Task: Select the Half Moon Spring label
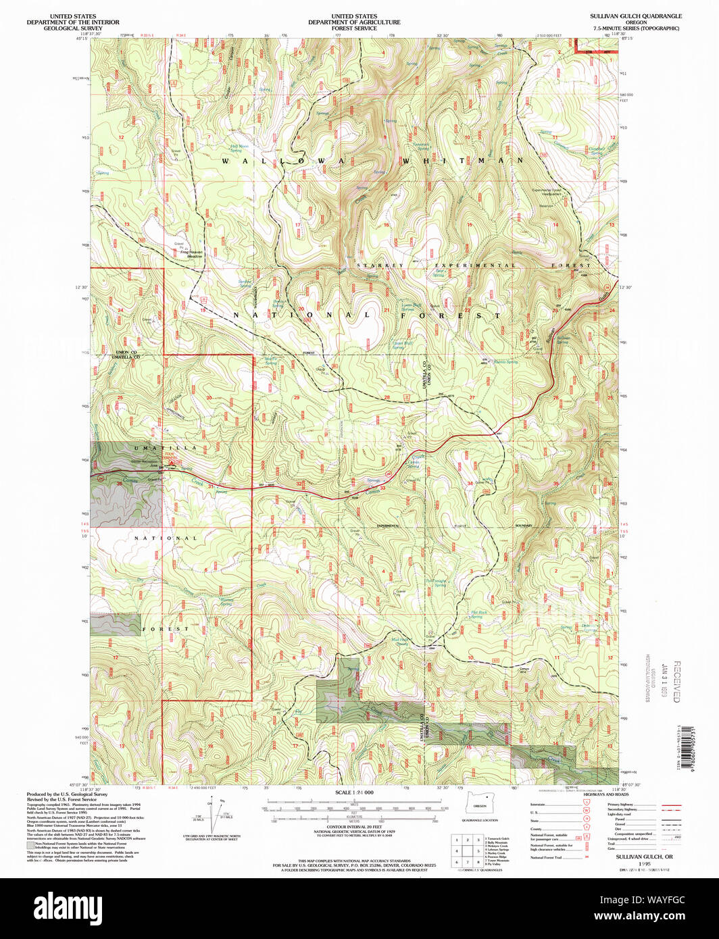point(239,148)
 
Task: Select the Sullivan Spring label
point(563,339)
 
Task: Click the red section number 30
point(209,397)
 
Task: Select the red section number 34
point(470,484)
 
